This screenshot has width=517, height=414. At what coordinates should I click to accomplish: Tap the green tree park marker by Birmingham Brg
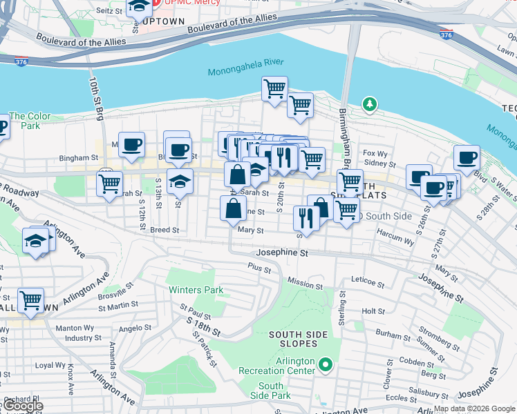[370, 105]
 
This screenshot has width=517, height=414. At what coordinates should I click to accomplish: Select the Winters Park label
[196, 290]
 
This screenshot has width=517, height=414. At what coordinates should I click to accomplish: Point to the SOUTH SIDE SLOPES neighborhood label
[293, 339]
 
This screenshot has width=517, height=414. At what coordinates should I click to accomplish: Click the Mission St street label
[305, 284]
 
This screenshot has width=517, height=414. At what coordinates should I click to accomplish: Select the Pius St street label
[259, 266]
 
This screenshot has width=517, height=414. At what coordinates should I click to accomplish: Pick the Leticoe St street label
[367, 282]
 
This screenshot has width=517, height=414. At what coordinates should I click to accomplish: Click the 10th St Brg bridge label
[96, 97]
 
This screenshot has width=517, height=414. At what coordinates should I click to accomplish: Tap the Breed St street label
[164, 230]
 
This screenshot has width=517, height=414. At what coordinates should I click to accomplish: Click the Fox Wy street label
[374, 153]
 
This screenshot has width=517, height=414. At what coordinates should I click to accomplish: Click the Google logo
[22, 406]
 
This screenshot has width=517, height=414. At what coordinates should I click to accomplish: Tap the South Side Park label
[270, 391]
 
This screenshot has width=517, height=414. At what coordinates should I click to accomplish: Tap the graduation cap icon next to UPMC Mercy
[139, 6]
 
